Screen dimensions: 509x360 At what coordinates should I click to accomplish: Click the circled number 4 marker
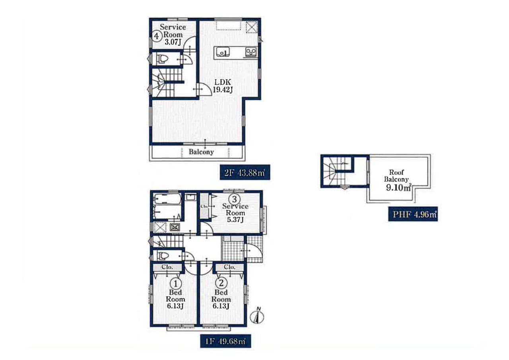click(x=156, y=36)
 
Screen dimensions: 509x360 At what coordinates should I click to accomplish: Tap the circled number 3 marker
click(x=234, y=199)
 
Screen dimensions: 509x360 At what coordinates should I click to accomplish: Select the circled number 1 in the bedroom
click(x=176, y=284)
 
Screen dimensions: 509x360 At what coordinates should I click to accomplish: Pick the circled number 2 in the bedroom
click(x=221, y=283)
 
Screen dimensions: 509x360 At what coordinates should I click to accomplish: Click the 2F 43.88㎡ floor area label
click(x=245, y=172)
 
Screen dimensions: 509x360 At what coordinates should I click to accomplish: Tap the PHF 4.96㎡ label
click(x=413, y=214)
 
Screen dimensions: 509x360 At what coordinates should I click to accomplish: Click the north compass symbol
click(x=257, y=316)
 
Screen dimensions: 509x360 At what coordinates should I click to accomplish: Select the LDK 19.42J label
click(x=223, y=86)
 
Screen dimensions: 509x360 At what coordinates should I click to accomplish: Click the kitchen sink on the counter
click(x=222, y=52)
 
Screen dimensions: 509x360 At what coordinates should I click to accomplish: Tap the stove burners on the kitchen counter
click(x=251, y=52)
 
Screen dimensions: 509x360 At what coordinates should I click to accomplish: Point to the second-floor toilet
click(x=163, y=59)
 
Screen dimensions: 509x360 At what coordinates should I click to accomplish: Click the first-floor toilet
click(x=163, y=256)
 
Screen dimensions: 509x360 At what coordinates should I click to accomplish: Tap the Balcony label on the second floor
click(x=201, y=152)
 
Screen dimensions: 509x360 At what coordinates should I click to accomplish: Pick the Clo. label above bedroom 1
click(x=167, y=267)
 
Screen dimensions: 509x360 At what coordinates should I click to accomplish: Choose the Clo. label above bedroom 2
click(x=229, y=267)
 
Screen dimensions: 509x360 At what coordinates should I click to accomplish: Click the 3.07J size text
click(x=173, y=42)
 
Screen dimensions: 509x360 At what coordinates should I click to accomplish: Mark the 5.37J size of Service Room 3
click(x=235, y=220)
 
